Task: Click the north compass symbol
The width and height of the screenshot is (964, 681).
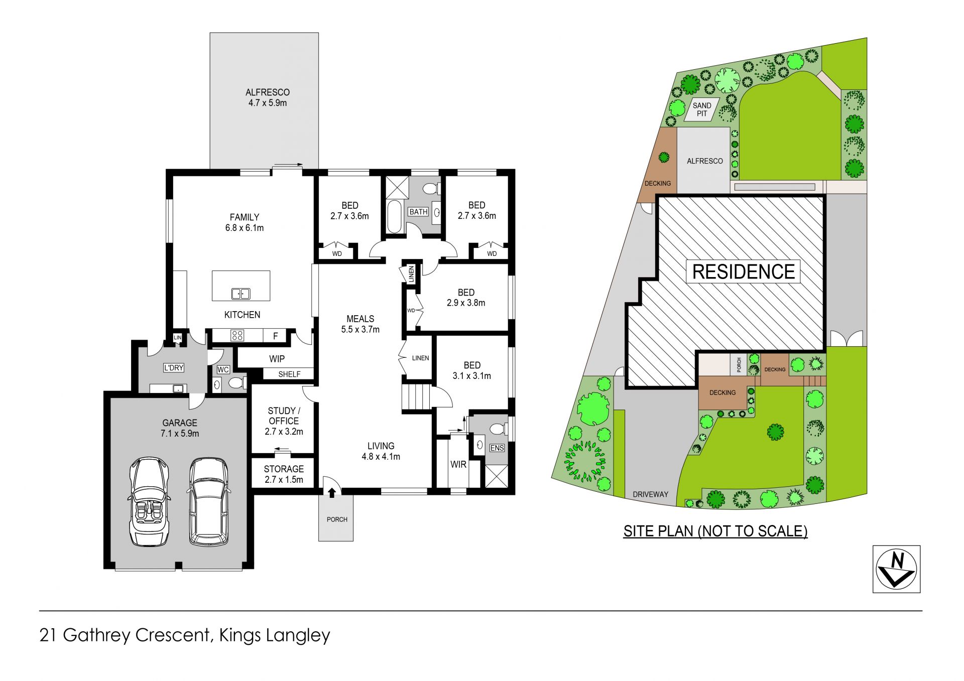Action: pos(896,569)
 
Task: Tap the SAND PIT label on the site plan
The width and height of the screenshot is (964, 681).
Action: pos(702,109)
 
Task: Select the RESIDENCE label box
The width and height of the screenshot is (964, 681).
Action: pos(743,271)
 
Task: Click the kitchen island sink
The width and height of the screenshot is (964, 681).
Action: pos(240,294)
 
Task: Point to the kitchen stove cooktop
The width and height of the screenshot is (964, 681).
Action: pos(237,335)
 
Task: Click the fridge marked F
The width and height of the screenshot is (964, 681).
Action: pos(275,336)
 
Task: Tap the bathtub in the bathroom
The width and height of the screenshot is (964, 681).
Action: pos(394,217)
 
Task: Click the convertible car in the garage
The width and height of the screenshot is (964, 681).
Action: pos(149,501)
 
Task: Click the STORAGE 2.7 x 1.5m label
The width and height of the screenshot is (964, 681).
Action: pos(284,474)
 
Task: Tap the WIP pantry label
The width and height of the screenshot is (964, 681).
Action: pos(277,359)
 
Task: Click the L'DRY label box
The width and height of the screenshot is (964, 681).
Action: pos(174,368)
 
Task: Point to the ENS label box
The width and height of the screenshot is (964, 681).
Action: pos(497,448)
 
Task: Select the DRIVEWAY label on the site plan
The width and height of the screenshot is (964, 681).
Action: pos(650,494)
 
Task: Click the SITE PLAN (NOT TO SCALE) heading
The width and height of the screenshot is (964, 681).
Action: pos(715,531)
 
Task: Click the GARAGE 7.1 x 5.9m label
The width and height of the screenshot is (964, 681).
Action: pos(180,428)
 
